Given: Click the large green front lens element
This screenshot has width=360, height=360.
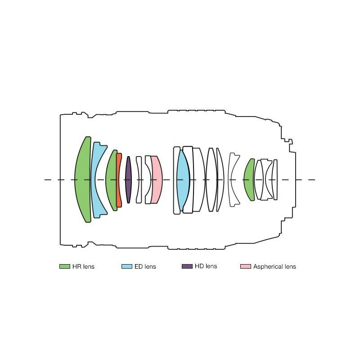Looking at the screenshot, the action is coord(83,180).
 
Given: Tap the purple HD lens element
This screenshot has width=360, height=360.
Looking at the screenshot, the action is coord(129,180).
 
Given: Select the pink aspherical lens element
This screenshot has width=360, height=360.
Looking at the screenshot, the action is coord(157,180).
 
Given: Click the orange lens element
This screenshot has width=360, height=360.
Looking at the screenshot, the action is coord(118,180).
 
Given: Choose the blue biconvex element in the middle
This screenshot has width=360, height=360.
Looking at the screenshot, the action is coord(183,180).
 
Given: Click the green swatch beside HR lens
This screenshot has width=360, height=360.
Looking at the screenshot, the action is coord(65,266).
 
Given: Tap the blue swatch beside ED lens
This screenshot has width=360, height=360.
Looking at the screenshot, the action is coord(127,266).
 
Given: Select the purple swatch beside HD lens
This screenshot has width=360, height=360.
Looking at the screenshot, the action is coord(187,266).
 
